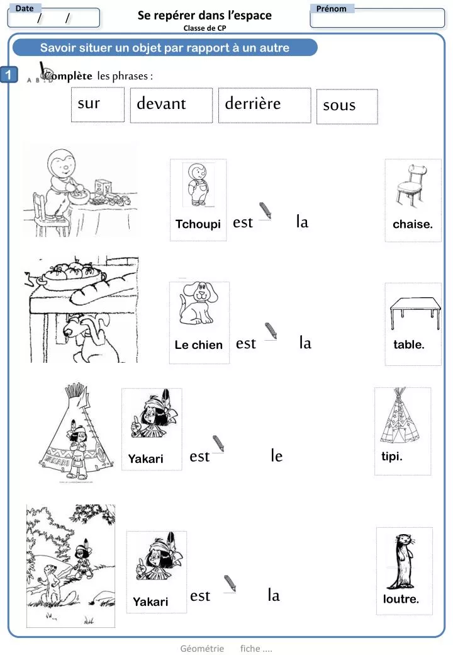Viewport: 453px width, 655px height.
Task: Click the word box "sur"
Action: click(98, 105)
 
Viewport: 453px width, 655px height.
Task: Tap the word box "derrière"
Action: click(267, 105)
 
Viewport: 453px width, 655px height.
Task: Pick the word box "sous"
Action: click(347, 106)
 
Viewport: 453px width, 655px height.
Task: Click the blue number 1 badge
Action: click(9, 75)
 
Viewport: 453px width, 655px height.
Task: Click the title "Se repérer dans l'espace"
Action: click(204, 16)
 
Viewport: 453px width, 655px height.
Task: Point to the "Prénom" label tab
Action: click(332, 9)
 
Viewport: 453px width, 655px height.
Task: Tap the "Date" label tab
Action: click(25, 8)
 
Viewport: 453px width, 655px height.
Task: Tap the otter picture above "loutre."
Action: click(403, 560)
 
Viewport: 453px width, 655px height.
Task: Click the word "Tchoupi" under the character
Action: click(198, 225)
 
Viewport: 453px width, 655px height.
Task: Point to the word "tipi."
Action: click(391, 457)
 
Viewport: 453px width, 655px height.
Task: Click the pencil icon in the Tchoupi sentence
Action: click(266, 210)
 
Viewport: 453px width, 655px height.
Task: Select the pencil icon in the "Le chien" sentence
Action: click(271, 331)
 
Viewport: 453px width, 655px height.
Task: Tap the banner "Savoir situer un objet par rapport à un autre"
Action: click(165, 48)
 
